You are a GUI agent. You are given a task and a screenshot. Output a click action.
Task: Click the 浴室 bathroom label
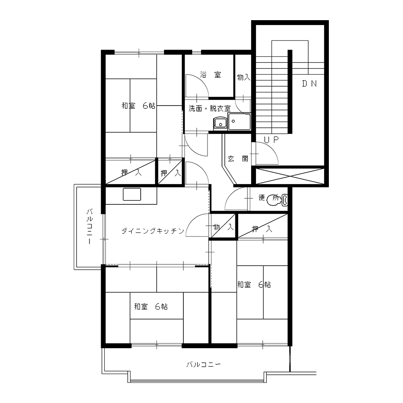(x=210, y=75)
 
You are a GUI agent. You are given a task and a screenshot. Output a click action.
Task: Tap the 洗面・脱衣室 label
(x=210, y=108)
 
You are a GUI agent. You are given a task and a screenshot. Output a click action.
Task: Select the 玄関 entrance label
(x=238, y=158)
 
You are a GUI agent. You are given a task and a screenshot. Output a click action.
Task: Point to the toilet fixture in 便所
(x=277, y=200)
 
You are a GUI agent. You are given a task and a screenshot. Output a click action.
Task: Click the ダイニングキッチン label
(x=153, y=231)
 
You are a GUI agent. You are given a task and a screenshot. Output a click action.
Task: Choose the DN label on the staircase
(x=309, y=83)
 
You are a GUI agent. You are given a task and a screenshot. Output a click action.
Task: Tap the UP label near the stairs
(x=271, y=139)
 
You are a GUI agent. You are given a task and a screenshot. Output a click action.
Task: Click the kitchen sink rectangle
(x=132, y=194)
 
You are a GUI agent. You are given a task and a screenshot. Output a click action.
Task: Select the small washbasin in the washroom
(x=220, y=124)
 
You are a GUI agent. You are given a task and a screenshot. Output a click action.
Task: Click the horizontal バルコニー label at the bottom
(x=204, y=364)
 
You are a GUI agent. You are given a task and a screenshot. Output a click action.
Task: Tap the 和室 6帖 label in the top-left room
(x=138, y=106)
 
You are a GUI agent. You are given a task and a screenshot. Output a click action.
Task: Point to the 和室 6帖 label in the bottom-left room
(x=151, y=306)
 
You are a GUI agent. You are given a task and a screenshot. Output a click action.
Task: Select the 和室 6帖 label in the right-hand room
(x=254, y=285)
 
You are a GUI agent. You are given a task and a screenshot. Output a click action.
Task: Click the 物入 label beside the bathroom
(x=243, y=77)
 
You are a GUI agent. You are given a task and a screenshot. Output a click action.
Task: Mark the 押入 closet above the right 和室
(x=263, y=226)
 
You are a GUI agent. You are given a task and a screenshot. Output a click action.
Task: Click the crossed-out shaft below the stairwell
(x=290, y=177)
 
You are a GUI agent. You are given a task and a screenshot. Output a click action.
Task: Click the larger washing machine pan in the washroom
(x=239, y=122)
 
